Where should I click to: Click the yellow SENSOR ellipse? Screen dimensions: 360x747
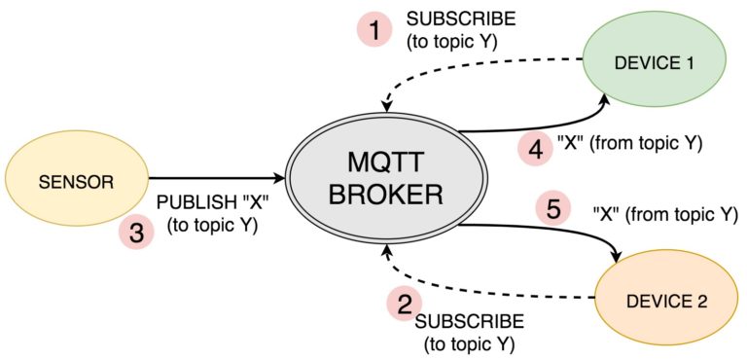(x=76, y=182)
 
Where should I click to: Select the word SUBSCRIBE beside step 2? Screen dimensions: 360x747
(x=470, y=321)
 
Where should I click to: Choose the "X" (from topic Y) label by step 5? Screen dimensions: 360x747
(x=664, y=214)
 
